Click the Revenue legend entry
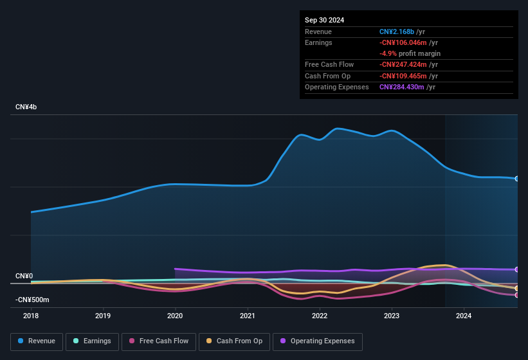(x=37, y=341)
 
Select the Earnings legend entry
(x=91, y=341)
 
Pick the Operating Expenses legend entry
(x=317, y=341)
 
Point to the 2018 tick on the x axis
(x=31, y=316)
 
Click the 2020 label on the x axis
(x=175, y=316)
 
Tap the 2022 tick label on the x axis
(x=320, y=316)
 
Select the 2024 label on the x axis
(x=464, y=316)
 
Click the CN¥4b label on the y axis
(x=26, y=107)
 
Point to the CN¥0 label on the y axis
(x=24, y=276)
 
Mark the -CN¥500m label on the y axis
(x=32, y=300)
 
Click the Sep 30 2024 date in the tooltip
(x=324, y=20)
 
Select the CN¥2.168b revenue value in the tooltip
(x=397, y=32)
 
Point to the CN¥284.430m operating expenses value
(x=401, y=87)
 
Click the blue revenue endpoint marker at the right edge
(x=517, y=179)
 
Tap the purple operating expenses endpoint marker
(x=517, y=269)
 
